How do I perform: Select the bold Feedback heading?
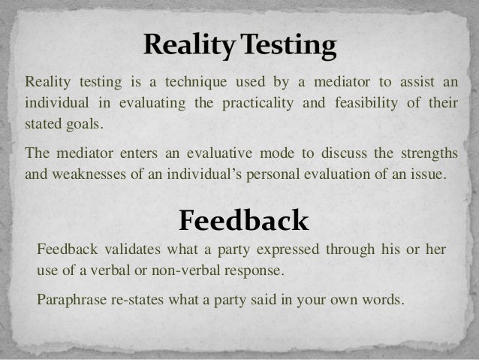(243, 220)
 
